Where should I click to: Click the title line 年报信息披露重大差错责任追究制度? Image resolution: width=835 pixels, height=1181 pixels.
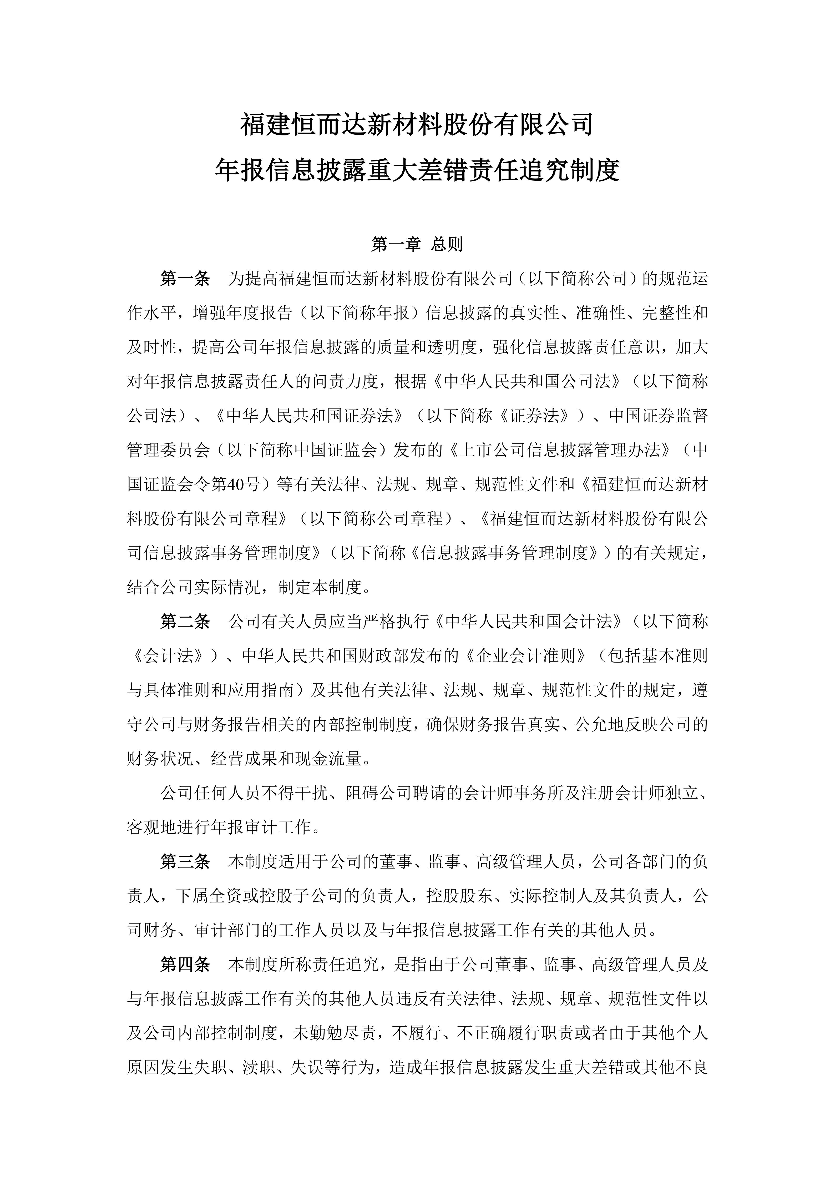click(x=417, y=170)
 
